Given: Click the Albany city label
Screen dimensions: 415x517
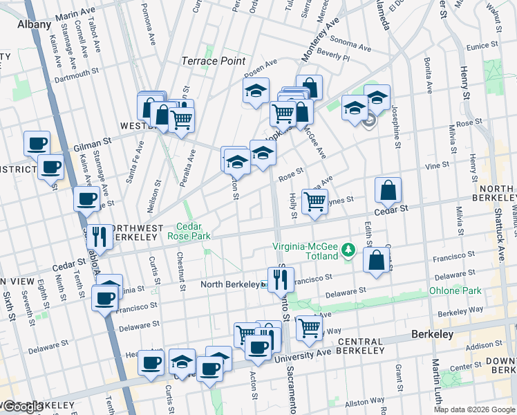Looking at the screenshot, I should [x=34, y=24].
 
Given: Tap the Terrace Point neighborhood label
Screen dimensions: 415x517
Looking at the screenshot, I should [x=214, y=61].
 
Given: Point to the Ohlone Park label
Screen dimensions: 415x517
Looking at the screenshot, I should [x=455, y=290].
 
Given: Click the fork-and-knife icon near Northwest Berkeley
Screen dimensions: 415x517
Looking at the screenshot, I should [x=99, y=237].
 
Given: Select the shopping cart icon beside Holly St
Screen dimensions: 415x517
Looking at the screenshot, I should [x=314, y=201].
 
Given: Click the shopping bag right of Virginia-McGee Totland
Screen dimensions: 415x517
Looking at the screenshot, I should [x=377, y=260].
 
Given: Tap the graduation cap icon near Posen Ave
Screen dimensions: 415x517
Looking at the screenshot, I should [x=255, y=90].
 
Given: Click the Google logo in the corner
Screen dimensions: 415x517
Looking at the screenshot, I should [x=23, y=407].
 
